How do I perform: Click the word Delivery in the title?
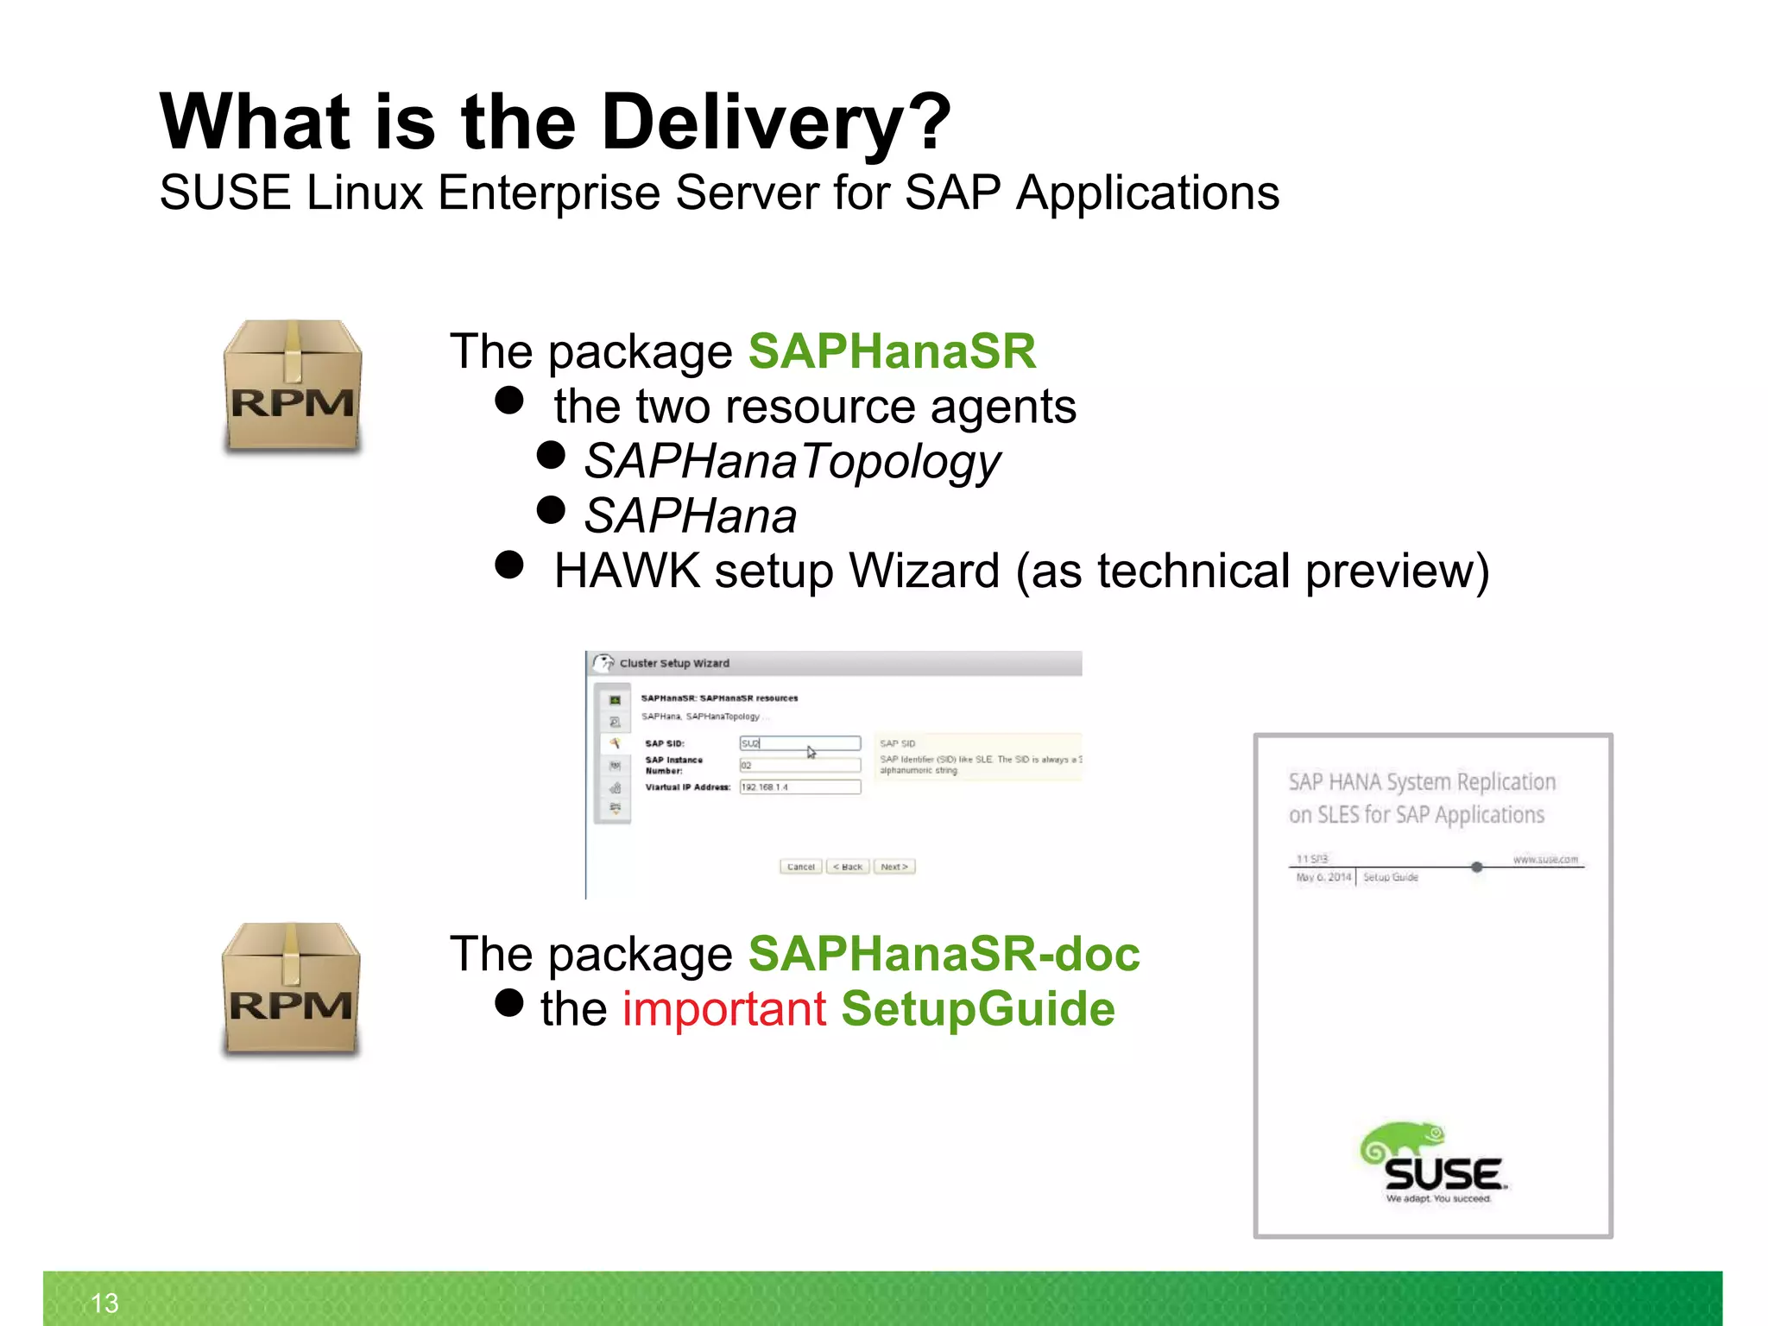point(751,123)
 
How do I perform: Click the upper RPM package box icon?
point(292,386)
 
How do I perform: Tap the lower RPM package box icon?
point(290,989)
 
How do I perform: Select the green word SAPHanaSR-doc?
point(944,954)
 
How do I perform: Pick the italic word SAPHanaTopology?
point(792,461)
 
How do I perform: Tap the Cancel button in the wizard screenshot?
point(800,867)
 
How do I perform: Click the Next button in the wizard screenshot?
point(893,867)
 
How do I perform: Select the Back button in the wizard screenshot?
point(847,867)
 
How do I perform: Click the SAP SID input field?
point(799,743)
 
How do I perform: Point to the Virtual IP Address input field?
point(799,787)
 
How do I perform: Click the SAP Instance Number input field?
point(799,766)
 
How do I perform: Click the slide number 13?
point(104,1303)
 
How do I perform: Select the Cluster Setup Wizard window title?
point(674,663)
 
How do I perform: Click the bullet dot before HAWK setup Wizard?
point(509,565)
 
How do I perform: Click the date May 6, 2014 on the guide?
point(1323,877)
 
